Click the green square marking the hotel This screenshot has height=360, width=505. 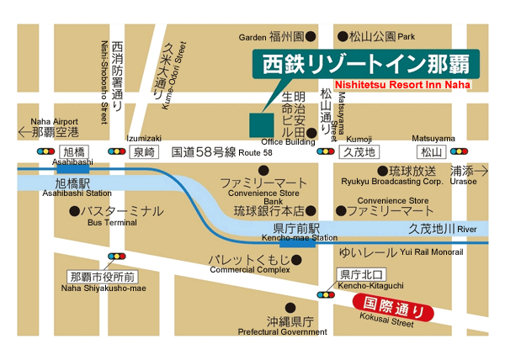262,123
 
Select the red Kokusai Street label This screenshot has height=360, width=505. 393,309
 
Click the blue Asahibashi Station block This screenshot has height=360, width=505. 73,168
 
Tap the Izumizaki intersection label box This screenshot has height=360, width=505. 143,152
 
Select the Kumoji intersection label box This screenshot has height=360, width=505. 358,152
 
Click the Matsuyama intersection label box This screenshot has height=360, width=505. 432,152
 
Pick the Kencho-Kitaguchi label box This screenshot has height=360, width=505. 360,274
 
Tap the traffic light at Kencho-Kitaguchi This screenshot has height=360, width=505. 324,294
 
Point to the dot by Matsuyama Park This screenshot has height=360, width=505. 343,36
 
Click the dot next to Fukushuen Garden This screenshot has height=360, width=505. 310,36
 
